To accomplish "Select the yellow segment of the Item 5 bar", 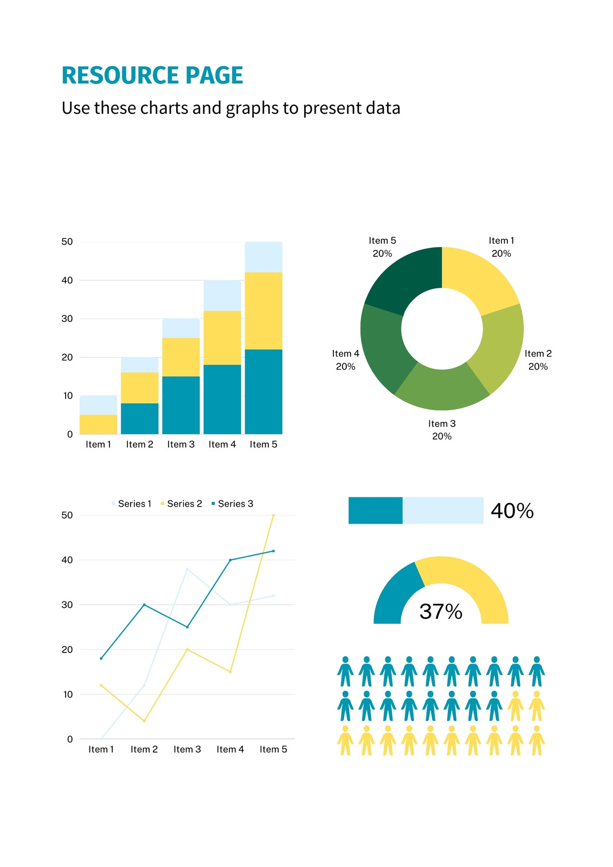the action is click(263, 311).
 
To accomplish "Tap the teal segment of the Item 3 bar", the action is click(181, 405).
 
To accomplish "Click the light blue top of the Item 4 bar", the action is click(222, 295).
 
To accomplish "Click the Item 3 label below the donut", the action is click(442, 423).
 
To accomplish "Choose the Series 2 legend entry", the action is click(181, 503).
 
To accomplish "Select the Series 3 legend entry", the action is click(233, 503).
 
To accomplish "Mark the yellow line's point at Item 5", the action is click(273, 515).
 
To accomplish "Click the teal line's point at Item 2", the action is click(144, 605).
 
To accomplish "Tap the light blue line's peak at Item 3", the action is click(187, 569).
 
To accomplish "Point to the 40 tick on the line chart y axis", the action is click(67, 560).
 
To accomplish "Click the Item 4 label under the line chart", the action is click(230, 749).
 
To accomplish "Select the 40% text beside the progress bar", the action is click(512, 510).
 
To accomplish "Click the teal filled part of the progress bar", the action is click(375, 510).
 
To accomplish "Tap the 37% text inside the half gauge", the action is click(441, 612).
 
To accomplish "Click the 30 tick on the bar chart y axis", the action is click(67, 319).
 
